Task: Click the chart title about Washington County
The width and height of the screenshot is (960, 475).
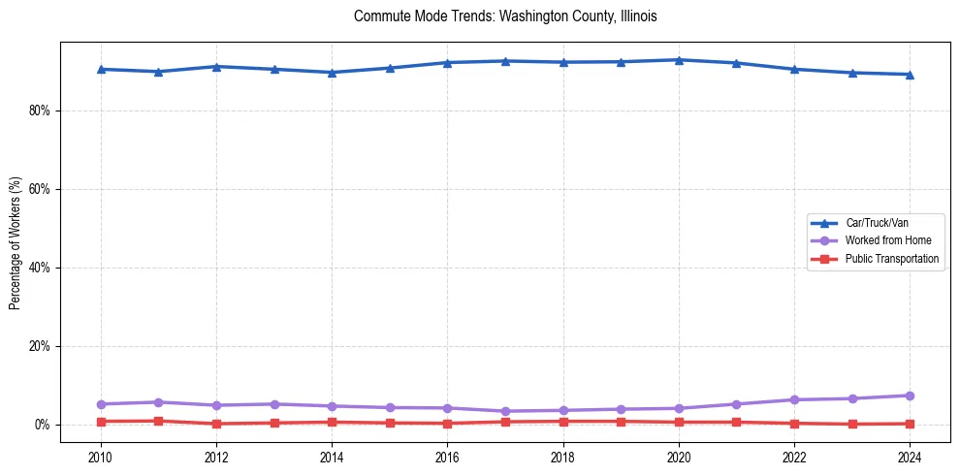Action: tap(505, 16)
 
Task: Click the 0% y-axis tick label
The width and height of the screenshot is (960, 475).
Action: tap(42, 425)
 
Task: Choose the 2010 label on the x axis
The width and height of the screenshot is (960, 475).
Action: tap(101, 456)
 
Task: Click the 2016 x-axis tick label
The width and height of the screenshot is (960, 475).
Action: tap(447, 456)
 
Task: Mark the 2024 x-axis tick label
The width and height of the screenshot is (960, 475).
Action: tap(910, 456)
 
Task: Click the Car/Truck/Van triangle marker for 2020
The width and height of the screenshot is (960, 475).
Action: tap(679, 60)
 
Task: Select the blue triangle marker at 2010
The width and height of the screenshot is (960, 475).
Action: tap(101, 69)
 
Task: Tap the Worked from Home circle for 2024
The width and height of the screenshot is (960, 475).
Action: tap(910, 396)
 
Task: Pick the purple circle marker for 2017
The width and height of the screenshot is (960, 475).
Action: tap(505, 411)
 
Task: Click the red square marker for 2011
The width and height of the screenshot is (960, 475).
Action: tap(158, 421)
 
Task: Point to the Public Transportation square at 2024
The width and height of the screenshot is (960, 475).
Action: tap(910, 424)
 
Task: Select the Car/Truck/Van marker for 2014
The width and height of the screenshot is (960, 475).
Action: tap(332, 72)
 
